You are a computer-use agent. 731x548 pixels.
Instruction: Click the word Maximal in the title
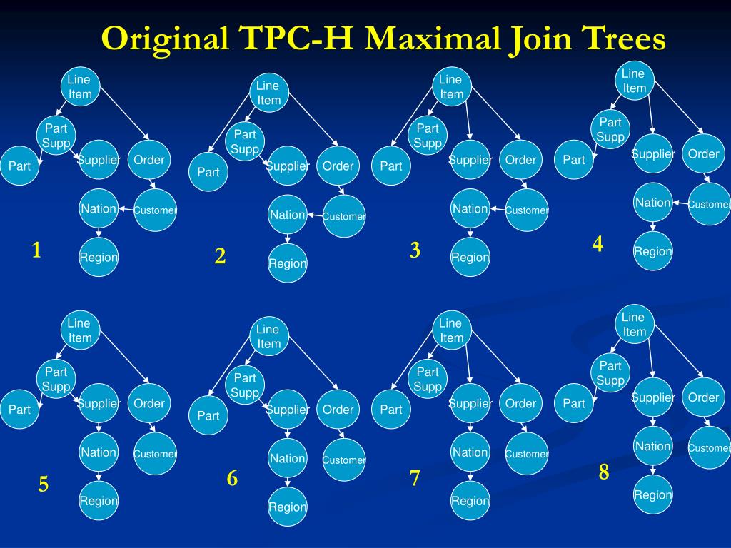coord(433,38)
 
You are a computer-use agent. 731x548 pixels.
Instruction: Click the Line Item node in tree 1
coord(80,87)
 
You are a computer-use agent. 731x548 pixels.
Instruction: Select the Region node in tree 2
coord(288,263)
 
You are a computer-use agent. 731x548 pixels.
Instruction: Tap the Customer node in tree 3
coord(527,210)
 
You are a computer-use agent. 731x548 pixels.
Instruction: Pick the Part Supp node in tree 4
coord(610,130)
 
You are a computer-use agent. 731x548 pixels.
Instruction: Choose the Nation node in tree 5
coord(99,452)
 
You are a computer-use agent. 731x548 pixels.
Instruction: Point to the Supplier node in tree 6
coord(288,410)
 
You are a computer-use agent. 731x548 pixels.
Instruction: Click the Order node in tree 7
coord(520,403)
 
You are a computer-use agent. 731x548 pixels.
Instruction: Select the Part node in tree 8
coord(574,403)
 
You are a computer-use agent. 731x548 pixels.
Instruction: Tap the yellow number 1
coord(36,250)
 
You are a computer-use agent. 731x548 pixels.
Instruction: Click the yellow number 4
coord(598,244)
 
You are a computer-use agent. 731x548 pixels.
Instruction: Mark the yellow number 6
coord(232,479)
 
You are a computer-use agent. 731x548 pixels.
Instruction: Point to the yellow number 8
coord(604,472)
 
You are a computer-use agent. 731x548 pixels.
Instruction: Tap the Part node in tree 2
coord(208,172)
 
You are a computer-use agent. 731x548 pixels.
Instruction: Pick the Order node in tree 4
coord(704,154)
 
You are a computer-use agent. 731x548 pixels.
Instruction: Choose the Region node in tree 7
coord(470,501)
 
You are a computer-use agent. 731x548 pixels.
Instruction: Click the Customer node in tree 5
coord(155,454)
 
